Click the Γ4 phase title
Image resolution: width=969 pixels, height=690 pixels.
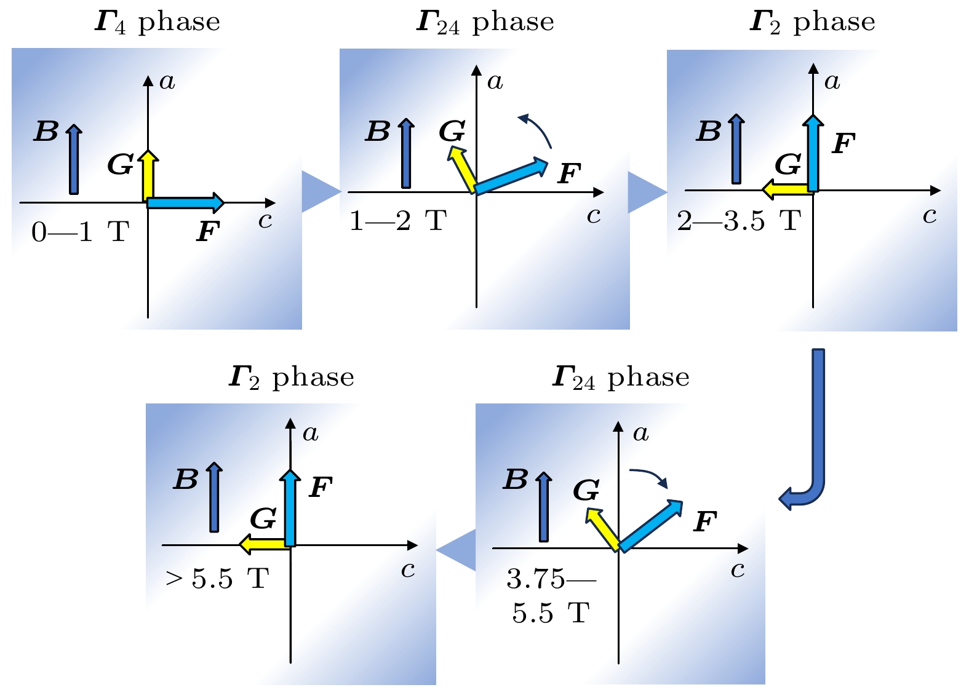click(x=158, y=23)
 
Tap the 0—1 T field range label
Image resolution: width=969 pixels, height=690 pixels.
click(x=81, y=232)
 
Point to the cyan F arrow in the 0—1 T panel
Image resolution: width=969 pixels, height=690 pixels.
click(x=186, y=203)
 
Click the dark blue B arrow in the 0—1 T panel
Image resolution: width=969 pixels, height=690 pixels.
click(x=74, y=159)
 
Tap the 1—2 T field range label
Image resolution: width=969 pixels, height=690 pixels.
click(x=398, y=221)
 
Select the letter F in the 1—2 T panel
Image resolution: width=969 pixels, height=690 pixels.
click(x=569, y=173)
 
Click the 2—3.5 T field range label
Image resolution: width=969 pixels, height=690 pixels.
click(x=739, y=221)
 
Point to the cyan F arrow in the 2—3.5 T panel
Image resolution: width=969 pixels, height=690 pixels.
click(x=813, y=153)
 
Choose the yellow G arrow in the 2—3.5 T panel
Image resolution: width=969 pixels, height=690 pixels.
click(x=788, y=190)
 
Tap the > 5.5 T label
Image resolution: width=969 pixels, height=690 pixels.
click(x=217, y=579)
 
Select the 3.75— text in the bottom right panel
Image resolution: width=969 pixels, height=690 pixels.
click(x=551, y=579)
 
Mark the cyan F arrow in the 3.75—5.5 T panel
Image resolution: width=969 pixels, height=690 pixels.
click(x=651, y=526)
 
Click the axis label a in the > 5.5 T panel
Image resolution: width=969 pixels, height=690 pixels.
click(x=310, y=433)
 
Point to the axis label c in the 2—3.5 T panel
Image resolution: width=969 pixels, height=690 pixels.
click(x=929, y=216)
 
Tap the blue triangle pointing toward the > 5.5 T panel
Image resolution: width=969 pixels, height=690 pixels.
click(x=457, y=550)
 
